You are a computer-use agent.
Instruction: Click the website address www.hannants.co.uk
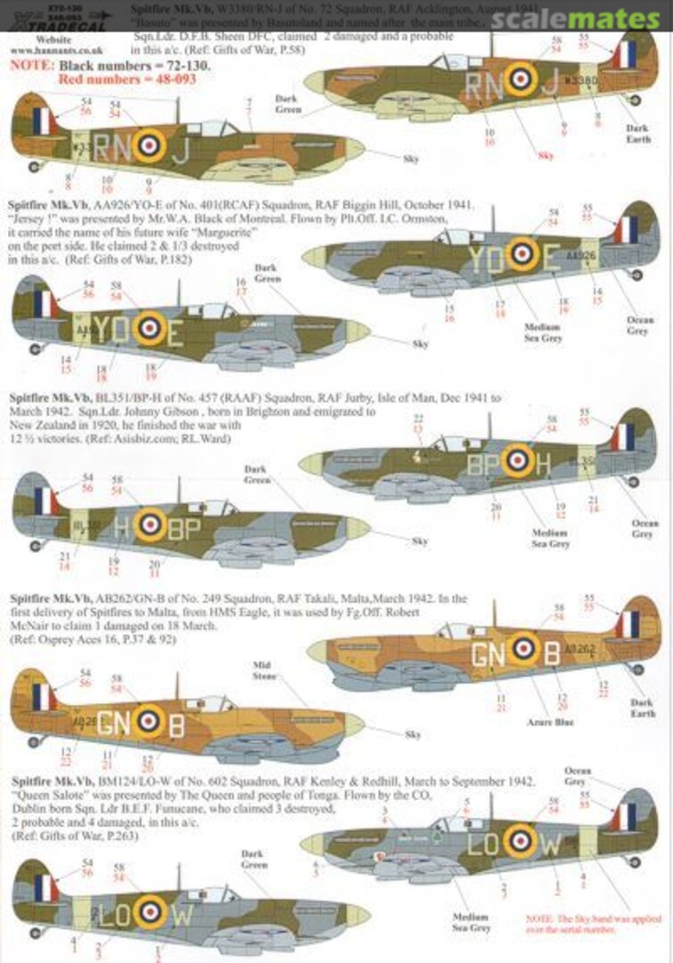pyautogui.click(x=42, y=52)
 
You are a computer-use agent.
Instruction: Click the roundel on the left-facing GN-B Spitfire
pyautogui.click(x=151, y=720)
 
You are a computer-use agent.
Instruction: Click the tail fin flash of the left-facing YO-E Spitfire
pyautogui.click(x=42, y=303)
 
